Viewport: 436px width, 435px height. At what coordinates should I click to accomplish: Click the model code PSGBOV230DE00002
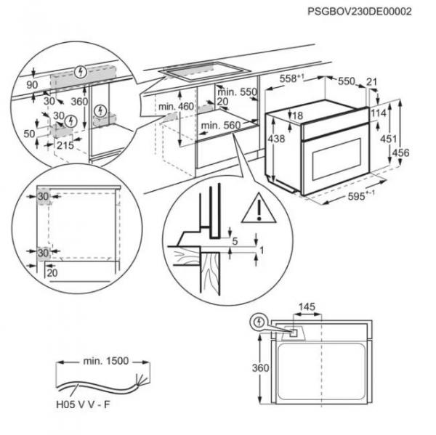pyautogui.click(x=370, y=12)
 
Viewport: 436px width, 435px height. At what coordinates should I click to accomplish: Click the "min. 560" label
pyautogui.click(x=220, y=126)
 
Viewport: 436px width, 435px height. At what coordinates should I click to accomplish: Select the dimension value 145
pyautogui.click(x=307, y=306)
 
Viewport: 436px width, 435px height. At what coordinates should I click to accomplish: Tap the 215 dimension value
pyautogui.click(x=65, y=147)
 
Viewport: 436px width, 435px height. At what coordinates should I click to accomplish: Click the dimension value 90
pyautogui.click(x=31, y=84)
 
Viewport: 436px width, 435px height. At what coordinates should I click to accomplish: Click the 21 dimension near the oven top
pyautogui.click(x=373, y=82)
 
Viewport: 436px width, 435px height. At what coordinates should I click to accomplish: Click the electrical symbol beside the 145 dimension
pyautogui.click(x=258, y=322)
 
